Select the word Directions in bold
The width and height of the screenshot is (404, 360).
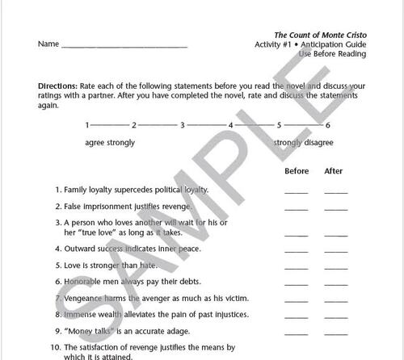click(57, 85)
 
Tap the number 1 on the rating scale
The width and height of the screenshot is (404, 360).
click(87, 125)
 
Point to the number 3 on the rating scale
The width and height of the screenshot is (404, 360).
click(183, 125)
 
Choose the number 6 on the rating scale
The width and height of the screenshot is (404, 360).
click(328, 125)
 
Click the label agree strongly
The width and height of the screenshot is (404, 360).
click(110, 143)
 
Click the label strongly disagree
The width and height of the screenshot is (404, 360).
click(302, 143)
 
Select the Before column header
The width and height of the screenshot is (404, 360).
click(297, 171)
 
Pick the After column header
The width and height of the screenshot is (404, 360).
click(334, 171)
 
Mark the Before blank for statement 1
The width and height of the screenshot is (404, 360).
click(297, 193)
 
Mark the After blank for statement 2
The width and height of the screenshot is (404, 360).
click(335, 209)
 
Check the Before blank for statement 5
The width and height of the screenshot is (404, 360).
click(297, 266)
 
